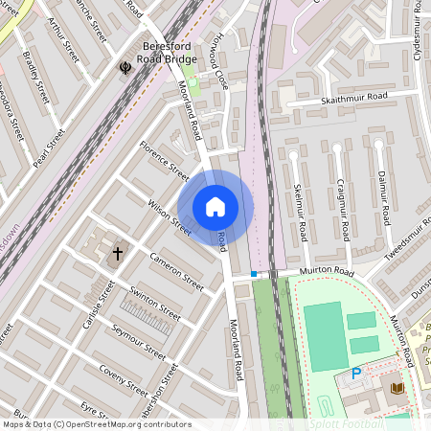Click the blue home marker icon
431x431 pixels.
215,206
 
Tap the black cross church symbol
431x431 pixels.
118,254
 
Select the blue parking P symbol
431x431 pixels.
356,374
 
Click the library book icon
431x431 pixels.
397,387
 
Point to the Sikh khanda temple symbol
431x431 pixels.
125,67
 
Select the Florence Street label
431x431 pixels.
165,161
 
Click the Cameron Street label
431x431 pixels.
176,271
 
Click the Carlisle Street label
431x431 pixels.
98,306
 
